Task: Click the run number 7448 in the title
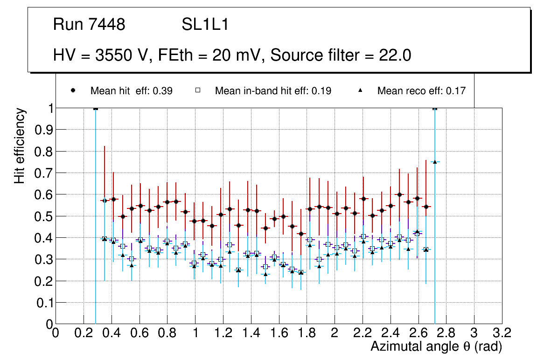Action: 108,25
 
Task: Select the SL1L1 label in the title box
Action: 205,25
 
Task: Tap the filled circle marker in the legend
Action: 74,90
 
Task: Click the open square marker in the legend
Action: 198,90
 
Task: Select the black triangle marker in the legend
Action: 360,90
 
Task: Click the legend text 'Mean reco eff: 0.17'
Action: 421,91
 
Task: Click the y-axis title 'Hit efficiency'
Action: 20,145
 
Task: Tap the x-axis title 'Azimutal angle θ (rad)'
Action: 436,346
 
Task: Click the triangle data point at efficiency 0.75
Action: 435,162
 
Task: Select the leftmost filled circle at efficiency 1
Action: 96,108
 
